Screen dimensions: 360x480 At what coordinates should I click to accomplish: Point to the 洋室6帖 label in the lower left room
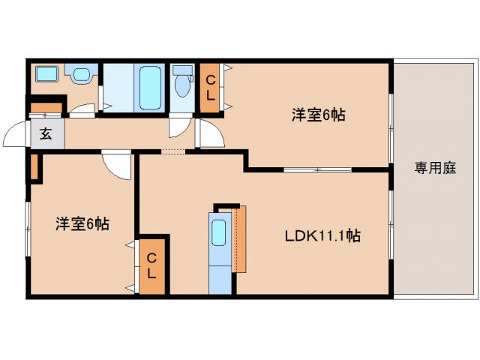tap(82, 223)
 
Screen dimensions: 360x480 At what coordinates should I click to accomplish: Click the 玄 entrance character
tap(46, 135)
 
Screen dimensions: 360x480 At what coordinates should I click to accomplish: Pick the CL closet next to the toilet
tap(210, 88)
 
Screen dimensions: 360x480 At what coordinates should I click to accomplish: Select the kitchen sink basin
tap(220, 232)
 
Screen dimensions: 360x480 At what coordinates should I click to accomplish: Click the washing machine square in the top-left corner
tap(47, 75)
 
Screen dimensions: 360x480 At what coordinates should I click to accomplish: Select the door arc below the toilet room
tap(180, 126)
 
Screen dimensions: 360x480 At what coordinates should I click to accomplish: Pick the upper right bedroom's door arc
tap(211, 135)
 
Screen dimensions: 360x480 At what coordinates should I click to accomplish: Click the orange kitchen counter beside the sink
tap(240, 240)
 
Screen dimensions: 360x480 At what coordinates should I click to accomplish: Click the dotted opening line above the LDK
tap(172, 152)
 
